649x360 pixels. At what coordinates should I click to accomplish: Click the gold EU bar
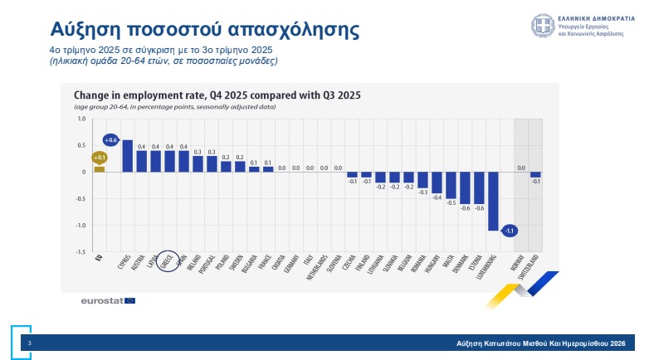100,169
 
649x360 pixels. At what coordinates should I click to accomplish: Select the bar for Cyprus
128,156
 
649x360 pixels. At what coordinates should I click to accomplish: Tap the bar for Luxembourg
493,201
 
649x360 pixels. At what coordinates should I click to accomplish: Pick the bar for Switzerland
535,174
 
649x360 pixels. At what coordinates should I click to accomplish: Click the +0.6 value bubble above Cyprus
111,139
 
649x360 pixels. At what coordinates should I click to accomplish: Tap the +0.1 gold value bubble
100,157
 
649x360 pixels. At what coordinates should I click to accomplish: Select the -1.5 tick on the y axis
81,252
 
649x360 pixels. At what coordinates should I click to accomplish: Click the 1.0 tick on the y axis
81,119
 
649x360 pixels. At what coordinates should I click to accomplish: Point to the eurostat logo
101,299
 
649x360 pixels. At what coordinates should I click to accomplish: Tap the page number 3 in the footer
30,342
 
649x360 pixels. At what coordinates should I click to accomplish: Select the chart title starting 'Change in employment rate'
217,95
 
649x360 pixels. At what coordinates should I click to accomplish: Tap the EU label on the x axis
100,260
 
